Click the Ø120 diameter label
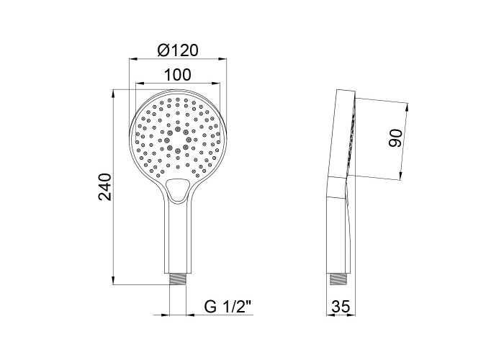(x=178, y=50)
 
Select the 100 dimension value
(x=177, y=75)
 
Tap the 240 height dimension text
(x=105, y=186)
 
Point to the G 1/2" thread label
(x=228, y=307)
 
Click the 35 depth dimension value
(x=341, y=307)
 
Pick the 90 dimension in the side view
(x=395, y=138)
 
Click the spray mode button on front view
(x=178, y=190)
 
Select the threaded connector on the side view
(x=337, y=279)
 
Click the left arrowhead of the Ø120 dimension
(x=133, y=59)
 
